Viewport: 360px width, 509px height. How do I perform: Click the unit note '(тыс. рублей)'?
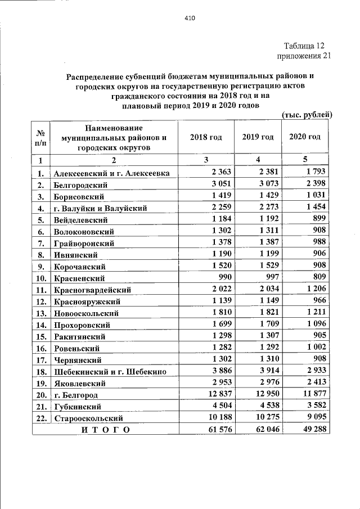pos(307,115)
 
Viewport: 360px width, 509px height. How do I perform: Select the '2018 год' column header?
pos(205,138)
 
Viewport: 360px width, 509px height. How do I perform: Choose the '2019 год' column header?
pos(258,138)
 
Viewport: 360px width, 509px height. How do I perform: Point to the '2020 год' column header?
pos(305,138)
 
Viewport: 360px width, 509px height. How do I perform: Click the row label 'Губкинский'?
pos(77,407)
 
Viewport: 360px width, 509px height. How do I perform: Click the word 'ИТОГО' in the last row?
pos(105,430)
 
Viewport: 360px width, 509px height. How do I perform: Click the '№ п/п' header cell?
pos(40,138)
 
